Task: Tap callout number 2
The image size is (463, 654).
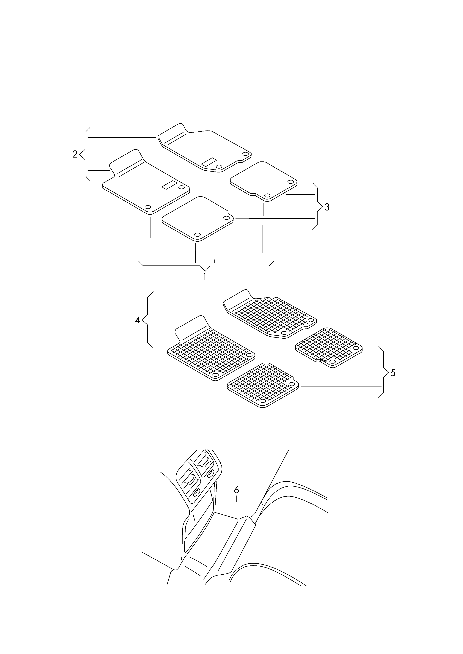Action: tap(75, 154)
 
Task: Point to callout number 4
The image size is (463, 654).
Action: tap(138, 320)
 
